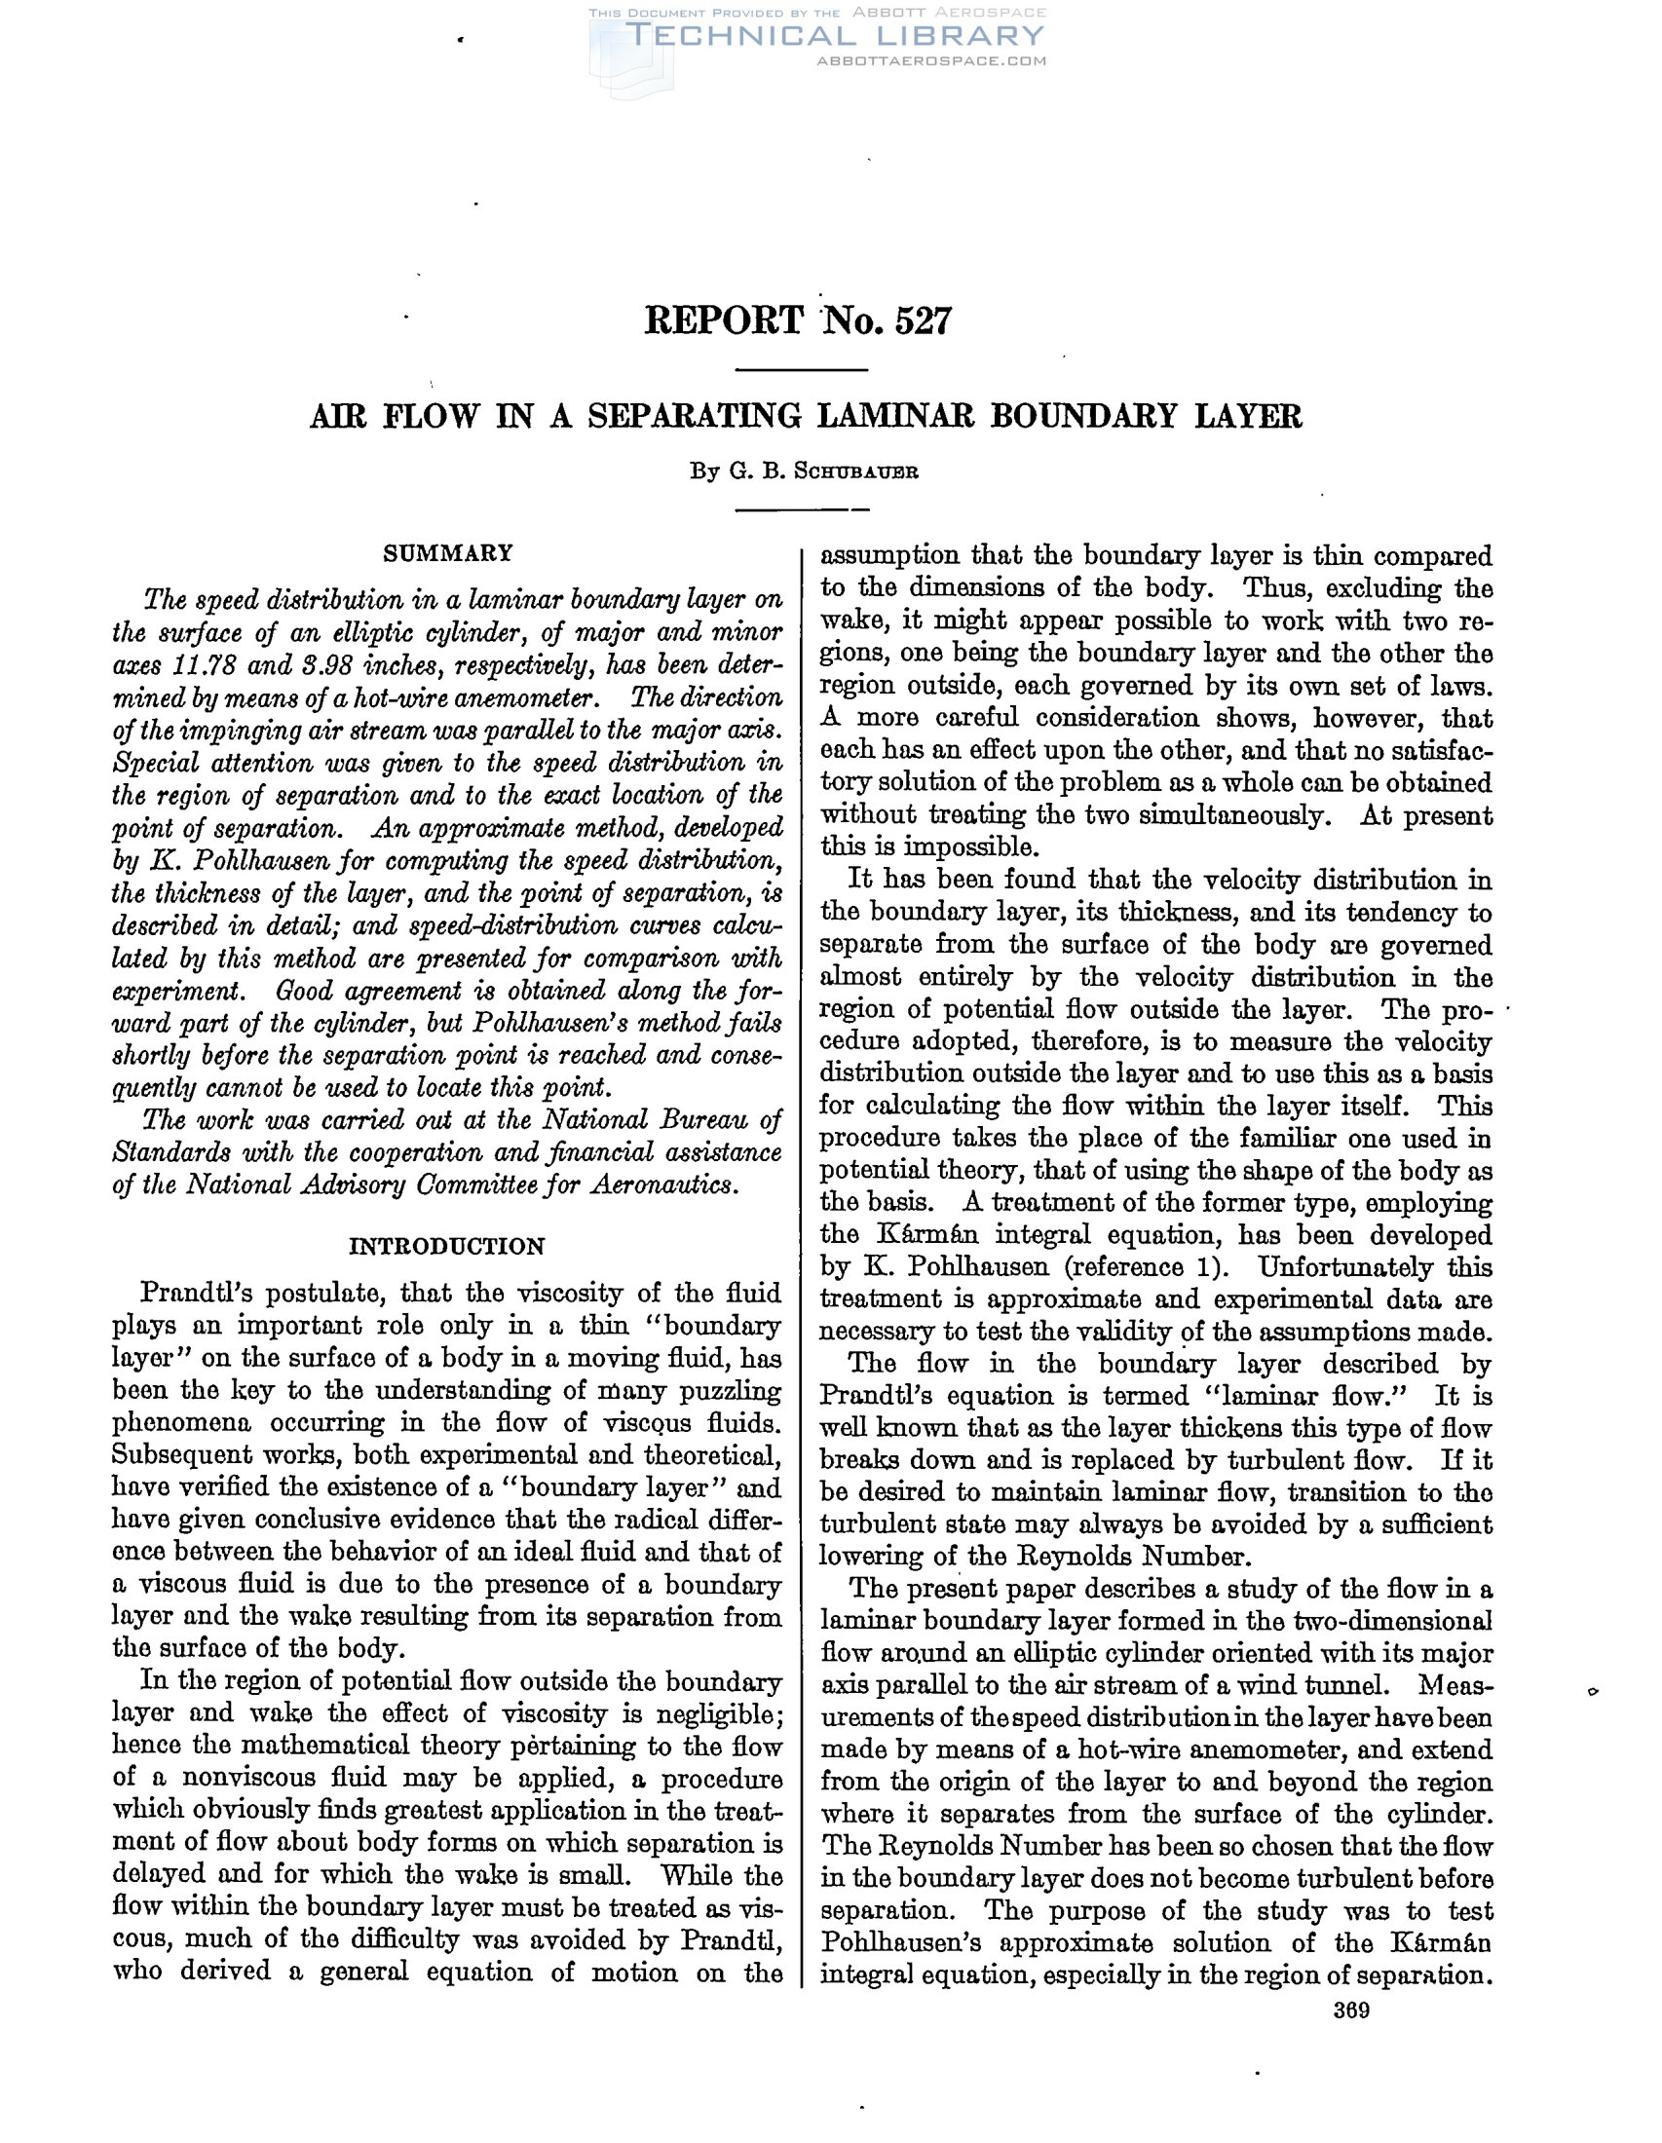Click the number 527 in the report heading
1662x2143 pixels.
tap(923, 320)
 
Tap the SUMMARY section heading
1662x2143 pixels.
tap(447, 553)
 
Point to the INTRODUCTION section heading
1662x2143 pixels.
tap(447, 1247)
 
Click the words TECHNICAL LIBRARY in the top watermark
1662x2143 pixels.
tap(834, 36)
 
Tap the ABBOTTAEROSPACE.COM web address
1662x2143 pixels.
tap(931, 60)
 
